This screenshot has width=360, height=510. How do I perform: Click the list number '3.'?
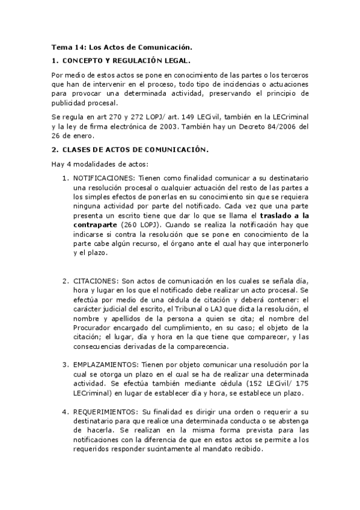[66, 364]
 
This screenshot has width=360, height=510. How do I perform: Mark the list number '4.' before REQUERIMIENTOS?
[66, 412]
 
